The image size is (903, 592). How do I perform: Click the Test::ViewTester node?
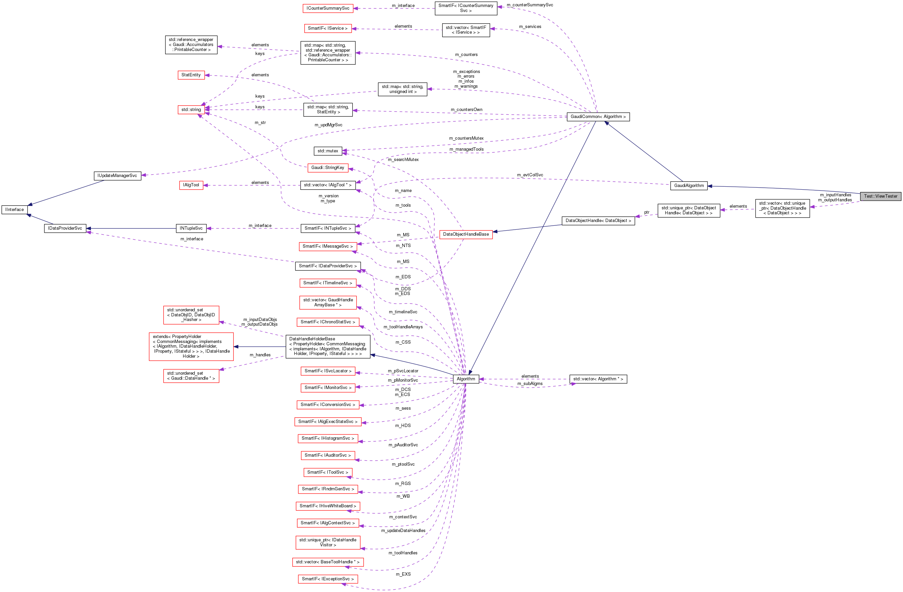[880, 196]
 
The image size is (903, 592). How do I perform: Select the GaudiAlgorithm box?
[689, 186]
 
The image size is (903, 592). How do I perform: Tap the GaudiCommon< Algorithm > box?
[598, 117]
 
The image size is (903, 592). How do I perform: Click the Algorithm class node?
[465, 379]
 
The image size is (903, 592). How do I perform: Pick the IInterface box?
[14, 210]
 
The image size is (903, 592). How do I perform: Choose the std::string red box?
[191, 110]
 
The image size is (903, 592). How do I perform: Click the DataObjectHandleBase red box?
[465, 234]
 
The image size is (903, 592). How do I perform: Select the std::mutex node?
[328, 151]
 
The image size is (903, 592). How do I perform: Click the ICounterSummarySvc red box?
[328, 8]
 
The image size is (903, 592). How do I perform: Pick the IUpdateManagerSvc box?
[117, 176]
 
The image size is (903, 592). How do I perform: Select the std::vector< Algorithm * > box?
[598, 379]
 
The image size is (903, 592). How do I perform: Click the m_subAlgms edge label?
[530, 384]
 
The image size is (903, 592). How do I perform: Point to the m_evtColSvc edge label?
[530, 175]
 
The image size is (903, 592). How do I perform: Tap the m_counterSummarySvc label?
[530, 5]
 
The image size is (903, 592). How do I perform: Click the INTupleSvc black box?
[191, 229]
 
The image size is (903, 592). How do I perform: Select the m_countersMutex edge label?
[466, 138]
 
